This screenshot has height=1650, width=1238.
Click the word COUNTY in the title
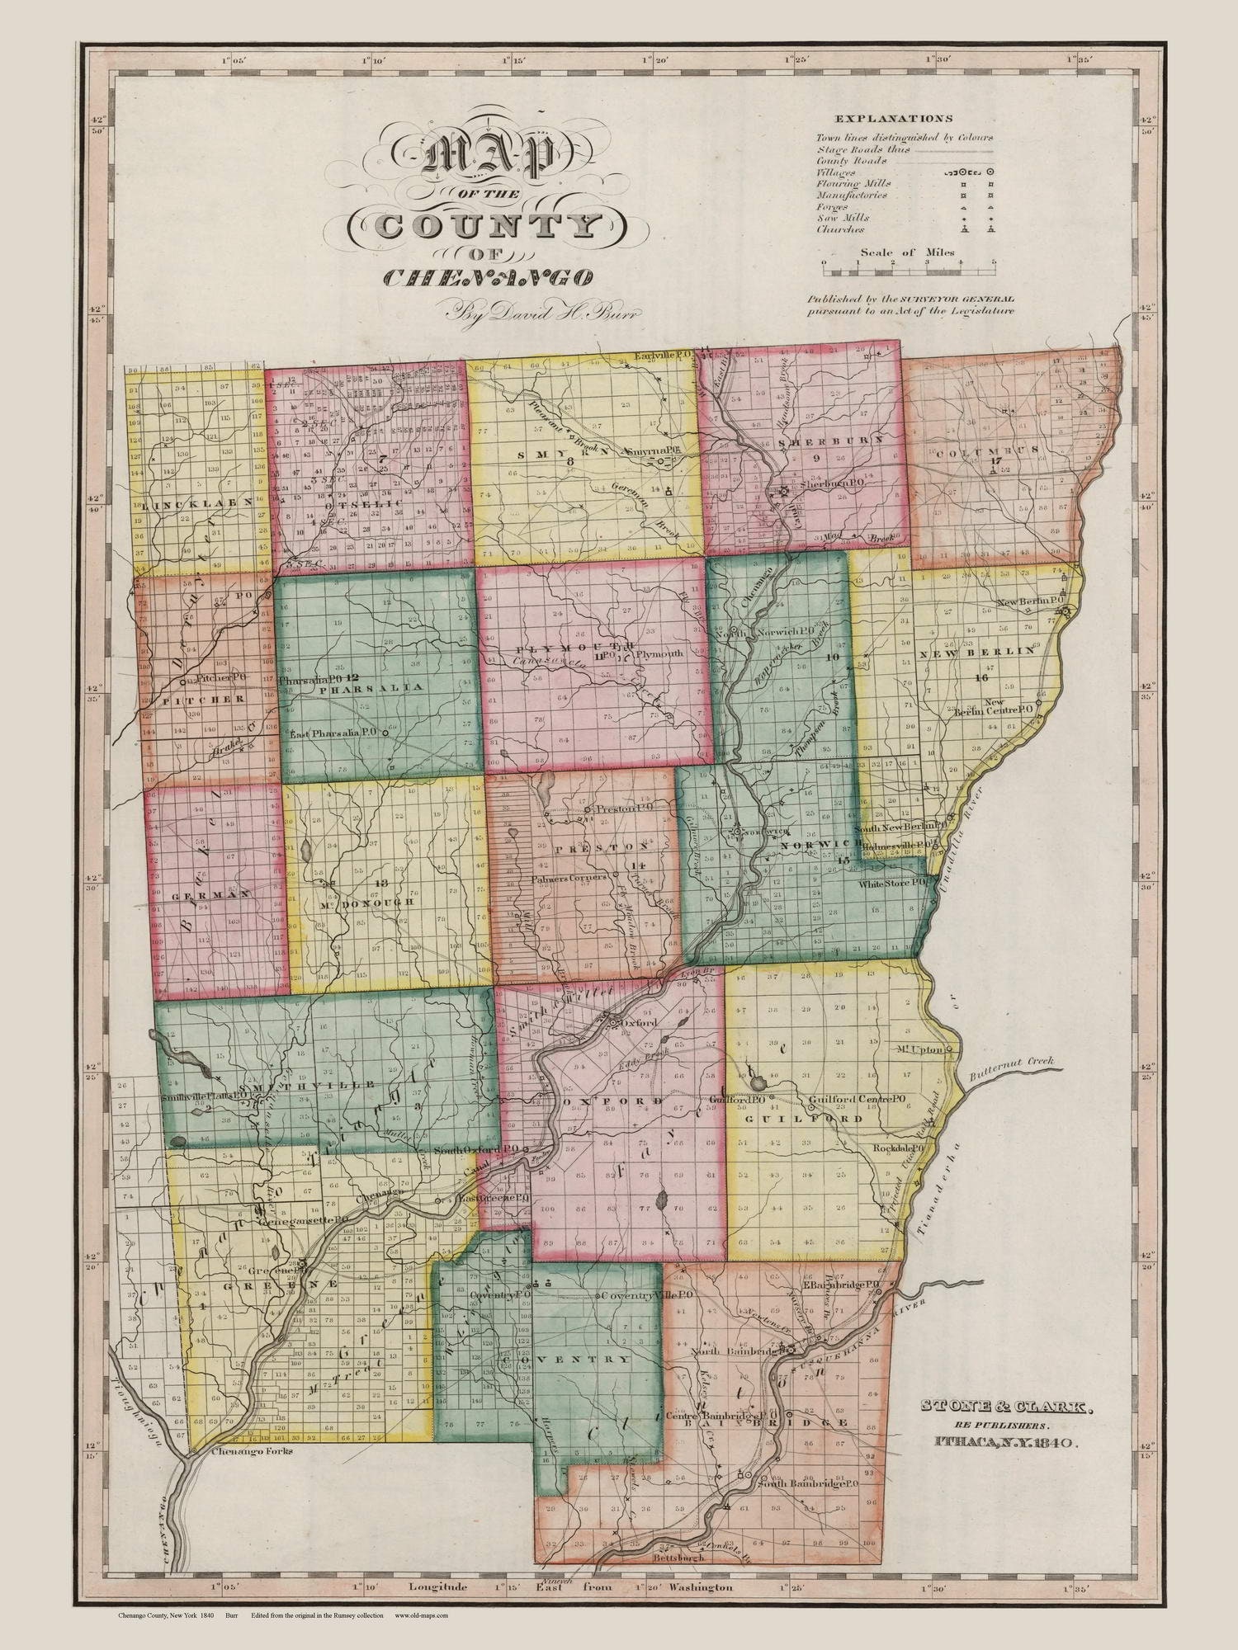pos(488,226)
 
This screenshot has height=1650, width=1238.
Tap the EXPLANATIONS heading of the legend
pos(893,118)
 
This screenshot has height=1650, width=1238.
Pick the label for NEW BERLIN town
pos(982,651)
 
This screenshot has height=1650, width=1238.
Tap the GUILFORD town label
pos(805,1120)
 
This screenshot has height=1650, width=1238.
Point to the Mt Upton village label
pos(921,1050)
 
